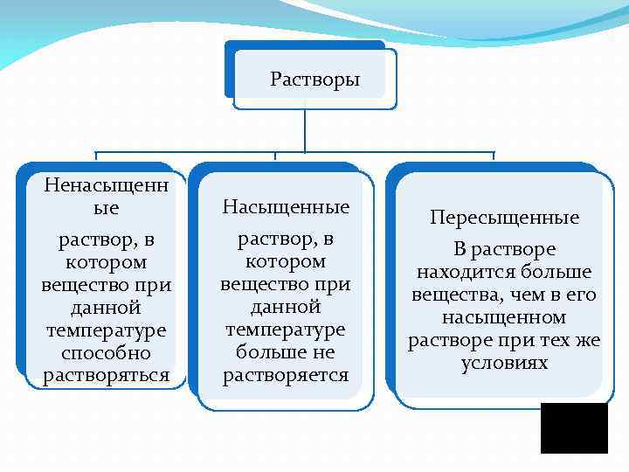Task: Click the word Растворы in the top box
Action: pos(314,80)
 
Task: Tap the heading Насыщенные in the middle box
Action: pos(286,207)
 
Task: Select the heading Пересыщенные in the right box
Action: pos(504,218)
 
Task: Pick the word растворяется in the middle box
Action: pos(286,376)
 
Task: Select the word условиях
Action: pos(504,363)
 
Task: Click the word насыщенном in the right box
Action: pos(504,317)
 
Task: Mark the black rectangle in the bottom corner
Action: pos(574,428)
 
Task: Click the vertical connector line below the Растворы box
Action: pos(304,131)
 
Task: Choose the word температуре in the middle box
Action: pos(286,330)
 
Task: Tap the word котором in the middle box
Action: pos(286,261)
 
